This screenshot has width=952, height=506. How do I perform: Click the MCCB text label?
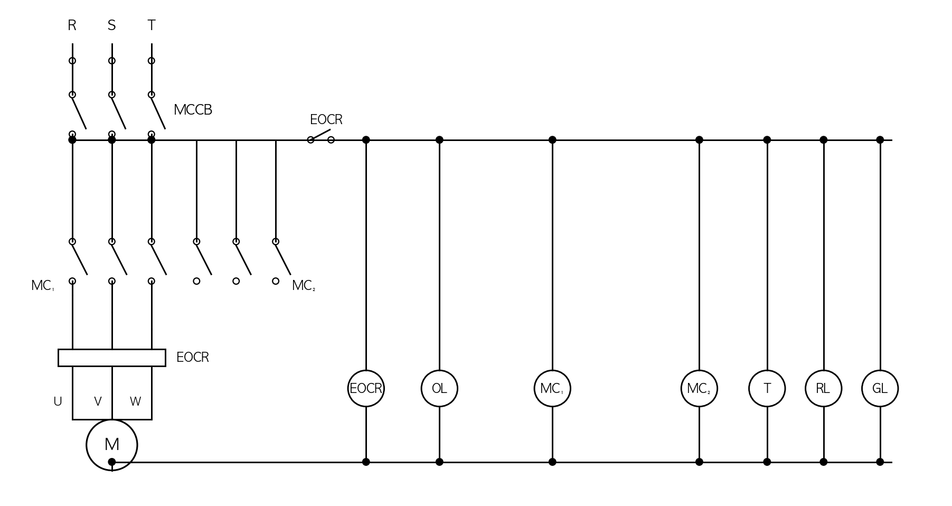tap(193, 110)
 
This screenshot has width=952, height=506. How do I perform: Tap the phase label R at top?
tap(72, 25)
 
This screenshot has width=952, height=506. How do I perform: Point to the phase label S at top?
tap(111, 25)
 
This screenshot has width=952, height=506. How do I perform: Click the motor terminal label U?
tap(58, 402)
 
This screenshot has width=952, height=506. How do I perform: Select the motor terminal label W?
tap(135, 402)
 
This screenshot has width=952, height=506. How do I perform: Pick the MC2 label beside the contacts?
tap(304, 286)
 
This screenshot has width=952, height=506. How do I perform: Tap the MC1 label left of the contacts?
tap(42, 286)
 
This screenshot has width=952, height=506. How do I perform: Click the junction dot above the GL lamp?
tap(880, 140)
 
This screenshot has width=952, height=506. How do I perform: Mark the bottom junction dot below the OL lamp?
tap(439, 462)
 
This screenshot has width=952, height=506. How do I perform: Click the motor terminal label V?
tap(98, 402)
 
